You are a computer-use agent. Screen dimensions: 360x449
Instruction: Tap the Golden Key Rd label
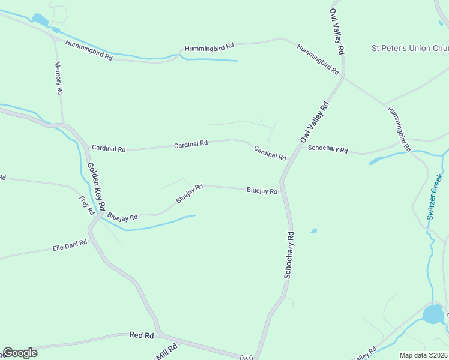[x=96, y=186]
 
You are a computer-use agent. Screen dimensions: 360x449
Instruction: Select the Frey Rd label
[x=87, y=205]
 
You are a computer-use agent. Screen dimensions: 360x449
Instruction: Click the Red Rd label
[x=142, y=335]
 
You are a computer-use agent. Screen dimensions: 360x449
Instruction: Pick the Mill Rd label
[x=167, y=351]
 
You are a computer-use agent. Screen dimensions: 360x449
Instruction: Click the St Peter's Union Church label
[x=410, y=48]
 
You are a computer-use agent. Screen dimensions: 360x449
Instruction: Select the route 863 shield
[x=246, y=357]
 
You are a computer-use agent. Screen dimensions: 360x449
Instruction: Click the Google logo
[x=20, y=353]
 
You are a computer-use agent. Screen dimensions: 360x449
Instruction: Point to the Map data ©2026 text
[x=423, y=355]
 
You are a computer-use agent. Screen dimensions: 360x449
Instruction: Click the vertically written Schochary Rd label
[x=289, y=254]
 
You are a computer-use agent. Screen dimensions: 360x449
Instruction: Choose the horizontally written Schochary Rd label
[x=327, y=149]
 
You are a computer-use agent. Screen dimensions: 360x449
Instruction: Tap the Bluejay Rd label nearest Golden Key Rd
[x=122, y=217]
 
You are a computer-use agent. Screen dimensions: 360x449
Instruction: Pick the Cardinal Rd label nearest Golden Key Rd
[x=108, y=148]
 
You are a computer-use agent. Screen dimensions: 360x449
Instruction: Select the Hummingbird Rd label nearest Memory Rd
[x=89, y=50]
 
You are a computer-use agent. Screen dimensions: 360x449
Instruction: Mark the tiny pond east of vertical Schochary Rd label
[x=313, y=231]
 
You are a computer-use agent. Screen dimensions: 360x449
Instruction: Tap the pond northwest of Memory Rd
[x=40, y=20]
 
